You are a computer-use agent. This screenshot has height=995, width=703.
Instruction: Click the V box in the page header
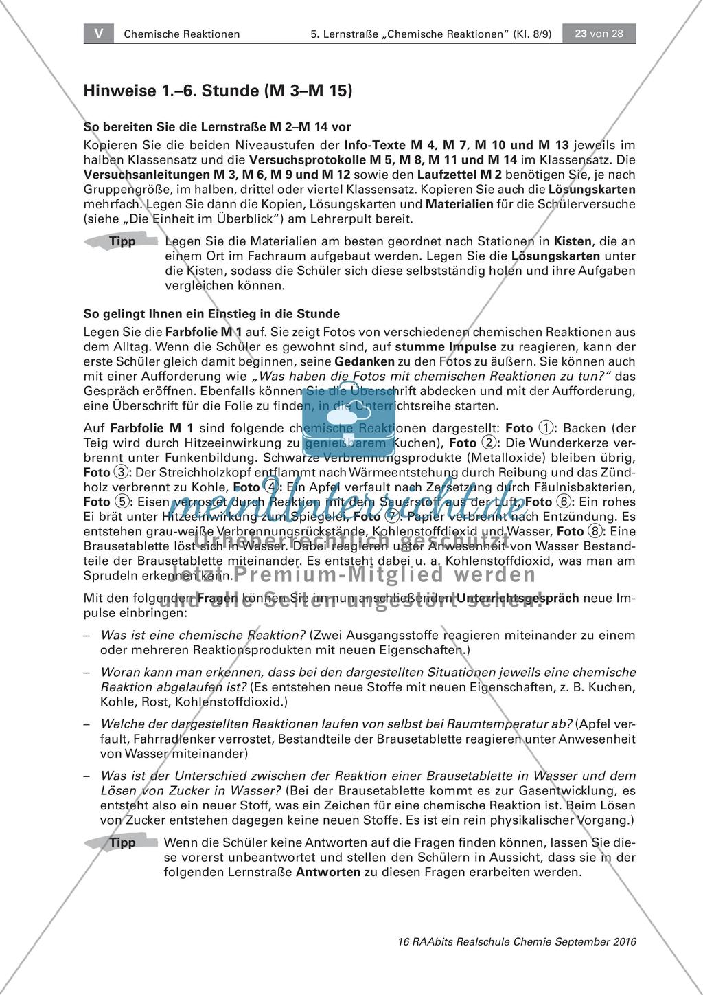[99, 34]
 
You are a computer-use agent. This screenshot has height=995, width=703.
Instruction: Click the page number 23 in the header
[580, 34]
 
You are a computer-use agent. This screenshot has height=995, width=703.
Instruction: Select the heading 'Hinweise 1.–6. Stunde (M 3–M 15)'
[217, 90]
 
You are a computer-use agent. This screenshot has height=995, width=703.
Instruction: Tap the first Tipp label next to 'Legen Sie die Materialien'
[122, 242]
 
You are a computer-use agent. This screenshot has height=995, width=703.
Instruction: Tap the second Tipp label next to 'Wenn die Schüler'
[122, 843]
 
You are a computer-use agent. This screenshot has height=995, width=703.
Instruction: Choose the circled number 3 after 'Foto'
[120, 472]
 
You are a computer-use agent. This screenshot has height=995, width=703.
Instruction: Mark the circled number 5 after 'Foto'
[120, 502]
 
